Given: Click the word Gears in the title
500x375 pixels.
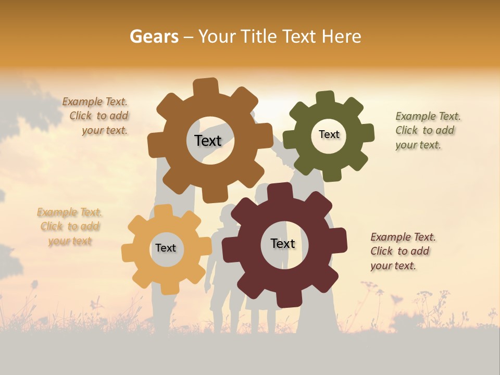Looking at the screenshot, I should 154,36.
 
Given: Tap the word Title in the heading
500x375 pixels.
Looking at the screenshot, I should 260,36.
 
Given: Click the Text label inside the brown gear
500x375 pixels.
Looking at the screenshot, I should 208,141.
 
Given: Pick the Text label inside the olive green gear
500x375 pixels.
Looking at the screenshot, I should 329,134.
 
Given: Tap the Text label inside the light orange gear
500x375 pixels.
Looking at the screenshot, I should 166,248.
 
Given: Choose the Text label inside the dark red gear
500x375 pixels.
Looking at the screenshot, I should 283,244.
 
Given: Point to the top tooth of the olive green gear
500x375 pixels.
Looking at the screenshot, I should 326,98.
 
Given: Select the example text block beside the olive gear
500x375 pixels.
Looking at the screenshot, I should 428,131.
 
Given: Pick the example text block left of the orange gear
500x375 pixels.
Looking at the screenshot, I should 70,227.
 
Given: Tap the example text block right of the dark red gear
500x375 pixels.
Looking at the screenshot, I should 403,252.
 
